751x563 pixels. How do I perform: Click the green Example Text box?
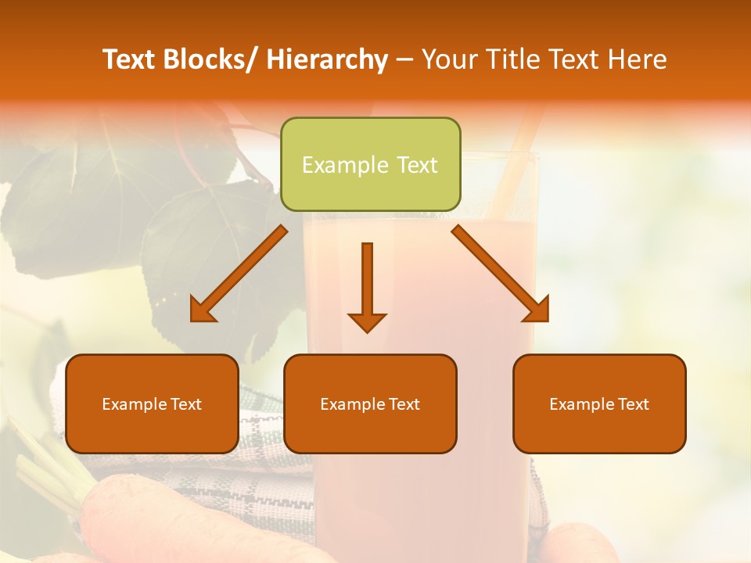pyautogui.click(x=370, y=164)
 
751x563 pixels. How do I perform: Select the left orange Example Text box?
pyautogui.click(x=152, y=403)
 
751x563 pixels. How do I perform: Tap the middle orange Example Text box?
pyautogui.click(x=370, y=403)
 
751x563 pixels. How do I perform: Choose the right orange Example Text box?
pyautogui.click(x=599, y=403)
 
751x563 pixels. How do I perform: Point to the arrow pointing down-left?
pyautogui.click(x=239, y=274)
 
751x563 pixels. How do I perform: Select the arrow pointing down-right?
pyautogui.click(x=501, y=274)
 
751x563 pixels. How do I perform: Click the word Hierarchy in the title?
pyautogui.click(x=327, y=59)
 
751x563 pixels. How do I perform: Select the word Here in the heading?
pyautogui.click(x=638, y=59)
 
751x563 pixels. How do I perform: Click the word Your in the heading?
pyautogui.click(x=448, y=59)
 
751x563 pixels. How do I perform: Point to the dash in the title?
pyautogui.click(x=404, y=59)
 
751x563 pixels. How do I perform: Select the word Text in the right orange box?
pyautogui.click(x=633, y=403)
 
